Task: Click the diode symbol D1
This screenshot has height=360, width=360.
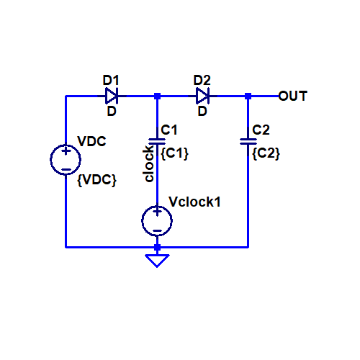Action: [x=112, y=96]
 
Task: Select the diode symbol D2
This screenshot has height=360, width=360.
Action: [x=202, y=96]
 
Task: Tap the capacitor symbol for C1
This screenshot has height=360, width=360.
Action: [x=157, y=141]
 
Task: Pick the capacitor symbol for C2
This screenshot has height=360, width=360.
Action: [x=248, y=141]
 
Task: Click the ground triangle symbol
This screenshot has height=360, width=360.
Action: [x=157, y=261]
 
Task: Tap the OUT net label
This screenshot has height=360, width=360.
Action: [x=293, y=96]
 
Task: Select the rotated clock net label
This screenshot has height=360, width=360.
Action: [x=148, y=163]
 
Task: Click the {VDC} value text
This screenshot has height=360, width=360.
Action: [x=96, y=180]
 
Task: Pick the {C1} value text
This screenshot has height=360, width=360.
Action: [x=174, y=153]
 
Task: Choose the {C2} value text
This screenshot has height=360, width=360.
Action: [x=266, y=153]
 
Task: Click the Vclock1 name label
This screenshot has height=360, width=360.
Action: [x=194, y=202]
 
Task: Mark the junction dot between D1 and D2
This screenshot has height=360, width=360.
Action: [x=157, y=96]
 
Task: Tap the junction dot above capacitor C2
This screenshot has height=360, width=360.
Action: [x=248, y=96]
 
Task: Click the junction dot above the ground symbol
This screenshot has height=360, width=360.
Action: [x=157, y=247]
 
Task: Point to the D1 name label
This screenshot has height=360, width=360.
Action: [x=111, y=80]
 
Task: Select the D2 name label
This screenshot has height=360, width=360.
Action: [x=202, y=80]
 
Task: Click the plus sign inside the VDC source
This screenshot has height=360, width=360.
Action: [x=66, y=151]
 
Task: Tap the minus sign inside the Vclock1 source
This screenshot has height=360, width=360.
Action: [x=157, y=231]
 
